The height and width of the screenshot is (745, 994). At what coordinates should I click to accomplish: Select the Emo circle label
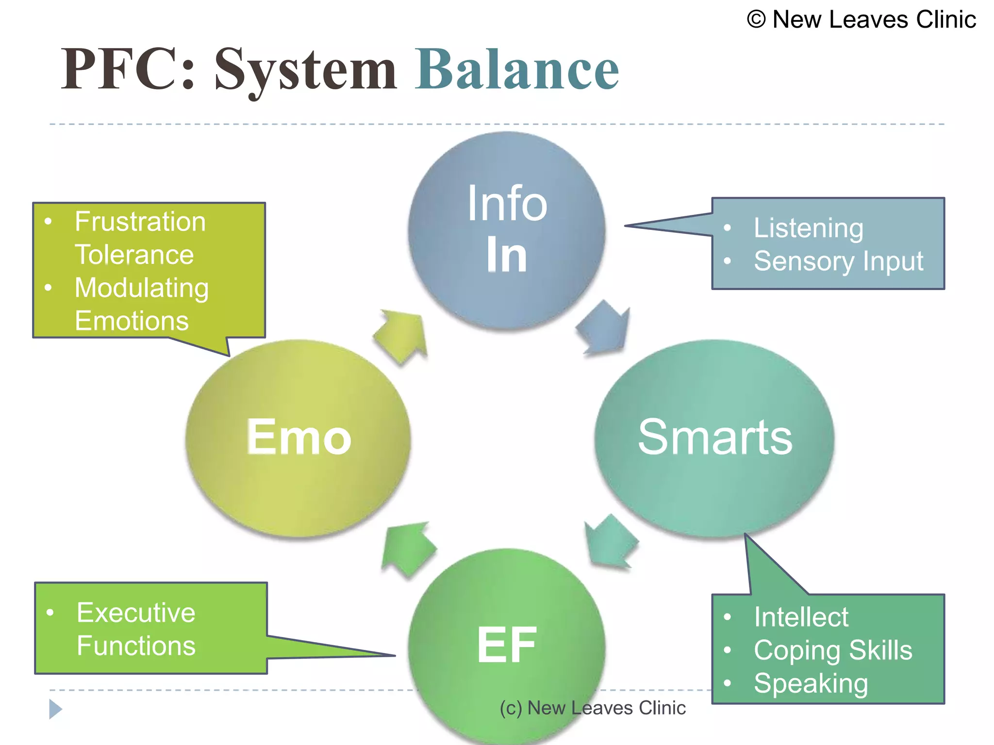click(298, 437)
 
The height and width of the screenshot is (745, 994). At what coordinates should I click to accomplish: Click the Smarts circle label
click(715, 437)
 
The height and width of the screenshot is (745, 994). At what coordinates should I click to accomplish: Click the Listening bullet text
click(808, 228)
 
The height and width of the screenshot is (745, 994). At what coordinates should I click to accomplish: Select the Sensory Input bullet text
click(838, 261)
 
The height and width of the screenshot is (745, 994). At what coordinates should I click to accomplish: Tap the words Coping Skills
click(832, 650)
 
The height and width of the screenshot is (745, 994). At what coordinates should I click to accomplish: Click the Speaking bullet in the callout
click(811, 683)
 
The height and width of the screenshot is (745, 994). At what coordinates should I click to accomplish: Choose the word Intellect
click(801, 617)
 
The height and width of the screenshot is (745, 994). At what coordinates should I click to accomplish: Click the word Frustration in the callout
click(140, 222)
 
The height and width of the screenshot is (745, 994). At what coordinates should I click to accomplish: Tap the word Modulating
click(142, 288)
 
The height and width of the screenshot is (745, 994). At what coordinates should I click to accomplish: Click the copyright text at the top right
click(861, 20)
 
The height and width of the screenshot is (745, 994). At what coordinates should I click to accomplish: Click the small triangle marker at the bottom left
click(55, 709)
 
